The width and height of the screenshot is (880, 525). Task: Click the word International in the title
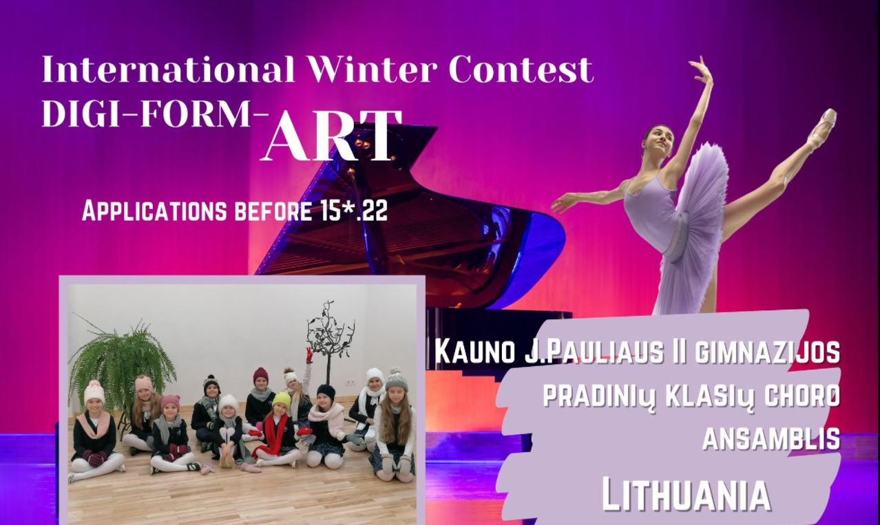pyautogui.click(x=168, y=69)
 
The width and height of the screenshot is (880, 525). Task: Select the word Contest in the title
pyautogui.click(x=521, y=69)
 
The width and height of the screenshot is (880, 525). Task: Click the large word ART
pyautogui.click(x=331, y=136)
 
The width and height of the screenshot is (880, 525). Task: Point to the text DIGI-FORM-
pyautogui.click(x=156, y=114)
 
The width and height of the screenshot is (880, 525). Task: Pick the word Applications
pyautogui.click(x=154, y=212)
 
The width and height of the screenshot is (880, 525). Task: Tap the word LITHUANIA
pyautogui.click(x=686, y=495)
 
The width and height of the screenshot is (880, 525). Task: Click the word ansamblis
pyautogui.click(x=771, y=438)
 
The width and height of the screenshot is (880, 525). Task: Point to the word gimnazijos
pyautogui.click(x=766, y=352)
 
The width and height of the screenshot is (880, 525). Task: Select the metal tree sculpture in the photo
pyautogui.click(x=329, y=338)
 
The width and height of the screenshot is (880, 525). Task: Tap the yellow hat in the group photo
pyautogui.click(x=282, y=399)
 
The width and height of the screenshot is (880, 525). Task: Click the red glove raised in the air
pyautogui.click(x=310, y=354)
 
